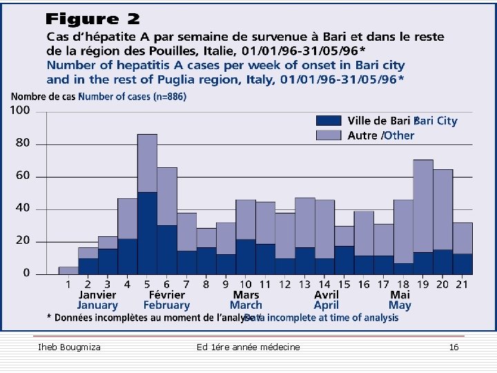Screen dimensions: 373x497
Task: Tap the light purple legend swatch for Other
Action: pyautogui.click(x=329, y=135)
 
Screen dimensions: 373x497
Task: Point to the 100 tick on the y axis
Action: pyautogui.click(x=21, y=111)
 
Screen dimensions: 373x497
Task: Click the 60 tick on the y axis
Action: pyautogui.click(x=23, y=176)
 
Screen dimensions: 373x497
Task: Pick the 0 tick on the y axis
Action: pyautogui.click(x=26, y=274)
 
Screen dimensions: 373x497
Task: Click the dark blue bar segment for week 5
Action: pyautogui.click(x=147, y=233)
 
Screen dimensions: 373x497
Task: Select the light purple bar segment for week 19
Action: pyautogui.click(x=422, y=206)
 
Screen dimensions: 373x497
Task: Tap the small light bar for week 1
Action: pyautogui.click(x=68, y=270)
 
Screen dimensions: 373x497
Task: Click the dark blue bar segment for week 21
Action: pyautogui.click(x=462, y=264)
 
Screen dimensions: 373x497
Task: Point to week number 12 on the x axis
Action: pyautogui.click(x=284, y=284)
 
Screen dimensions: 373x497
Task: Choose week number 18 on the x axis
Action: pyautogui.click(x=402, y=284)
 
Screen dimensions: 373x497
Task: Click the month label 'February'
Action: pyautogui.click(x=166, y=305)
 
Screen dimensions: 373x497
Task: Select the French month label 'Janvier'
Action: pyautogui.click(x=97, y=295)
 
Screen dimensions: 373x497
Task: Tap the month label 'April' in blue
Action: pyautogui.click(x=326, y=305)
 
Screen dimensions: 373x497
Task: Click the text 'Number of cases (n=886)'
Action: pyautogui.click(x=133, y=97)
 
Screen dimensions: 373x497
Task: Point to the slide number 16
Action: pyautogui.click(x=454, y=347)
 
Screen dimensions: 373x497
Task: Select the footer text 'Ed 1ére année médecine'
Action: pyautogui.click(x=248, y=347)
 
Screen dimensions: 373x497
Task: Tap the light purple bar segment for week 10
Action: pyautogui.click(x=246, y=220)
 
